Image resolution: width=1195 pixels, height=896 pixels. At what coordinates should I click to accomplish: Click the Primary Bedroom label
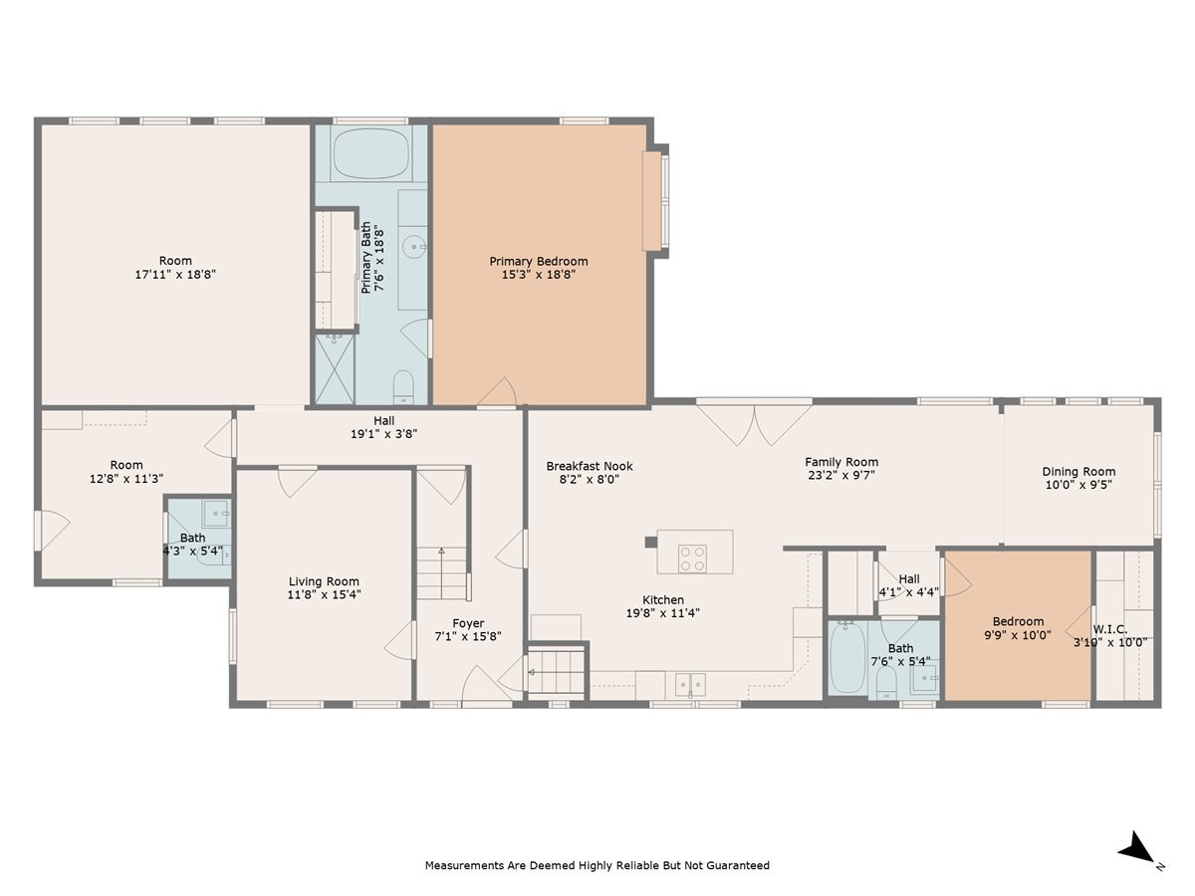tap(538, 261)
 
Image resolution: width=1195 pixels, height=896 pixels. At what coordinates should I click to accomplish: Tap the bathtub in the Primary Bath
tap(370, 153)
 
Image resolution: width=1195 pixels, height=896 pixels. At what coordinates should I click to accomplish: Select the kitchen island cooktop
tap(692, 559)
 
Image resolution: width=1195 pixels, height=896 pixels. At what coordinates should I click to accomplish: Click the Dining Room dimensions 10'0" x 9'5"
tap(1077, 484)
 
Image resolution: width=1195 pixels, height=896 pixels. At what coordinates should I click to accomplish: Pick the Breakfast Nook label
tap(590, 466)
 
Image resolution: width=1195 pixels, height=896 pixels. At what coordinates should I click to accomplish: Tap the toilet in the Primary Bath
tap(403, 387)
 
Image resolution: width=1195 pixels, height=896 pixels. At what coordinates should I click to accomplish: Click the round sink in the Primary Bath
tap(413, 248)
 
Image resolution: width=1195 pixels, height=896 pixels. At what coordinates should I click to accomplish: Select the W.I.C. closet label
tap(1109, 629)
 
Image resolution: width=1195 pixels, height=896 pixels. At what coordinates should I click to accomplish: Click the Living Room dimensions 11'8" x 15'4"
tap(324, 594)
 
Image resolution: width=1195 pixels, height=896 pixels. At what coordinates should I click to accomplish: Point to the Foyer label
tap(468, 623)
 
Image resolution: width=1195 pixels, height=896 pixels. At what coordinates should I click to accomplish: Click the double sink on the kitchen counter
tap(690, 684)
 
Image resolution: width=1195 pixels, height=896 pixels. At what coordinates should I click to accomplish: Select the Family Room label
tap(841, 462)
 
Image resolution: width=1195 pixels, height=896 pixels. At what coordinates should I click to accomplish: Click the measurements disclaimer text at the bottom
tap(597, 865)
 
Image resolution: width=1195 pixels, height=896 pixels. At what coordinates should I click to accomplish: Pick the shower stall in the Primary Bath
tap(335, 369)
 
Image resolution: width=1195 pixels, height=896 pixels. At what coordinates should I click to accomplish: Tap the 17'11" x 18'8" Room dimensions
tap(175, 274)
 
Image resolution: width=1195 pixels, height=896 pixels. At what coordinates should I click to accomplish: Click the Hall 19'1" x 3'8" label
tap(383, 428)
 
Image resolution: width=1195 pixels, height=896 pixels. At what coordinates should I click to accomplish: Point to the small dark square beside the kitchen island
tap(651, 542)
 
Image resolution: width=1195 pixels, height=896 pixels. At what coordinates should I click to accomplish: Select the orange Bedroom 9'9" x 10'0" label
tap(1018, 628)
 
